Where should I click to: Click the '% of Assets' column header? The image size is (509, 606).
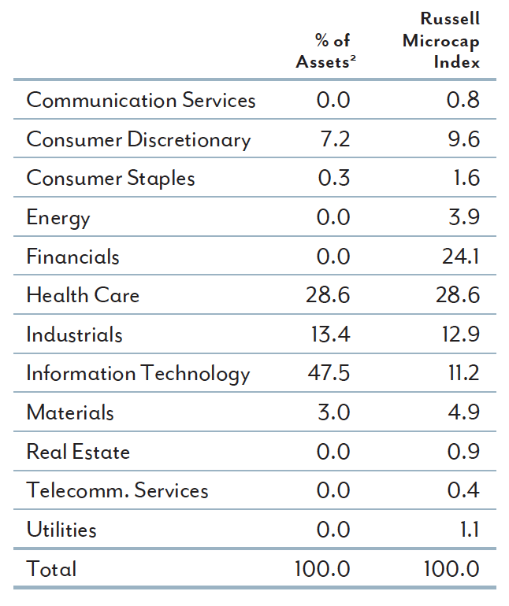(323, 51)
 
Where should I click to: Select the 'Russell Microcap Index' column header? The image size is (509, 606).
(441, 40)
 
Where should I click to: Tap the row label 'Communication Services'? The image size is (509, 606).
(141, 101)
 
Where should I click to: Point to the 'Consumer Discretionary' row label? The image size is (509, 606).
(139, 140)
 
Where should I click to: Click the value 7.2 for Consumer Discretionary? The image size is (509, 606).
(333, 140)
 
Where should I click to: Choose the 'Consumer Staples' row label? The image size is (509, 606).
(110, 179)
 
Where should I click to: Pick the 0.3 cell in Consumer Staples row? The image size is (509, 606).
(333, 179)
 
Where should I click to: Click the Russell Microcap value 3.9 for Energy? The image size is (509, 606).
(463, 218)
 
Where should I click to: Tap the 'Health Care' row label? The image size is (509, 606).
(83, 296)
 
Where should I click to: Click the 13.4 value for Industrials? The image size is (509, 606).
(329, 334)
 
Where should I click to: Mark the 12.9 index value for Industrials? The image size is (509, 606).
(459, 334)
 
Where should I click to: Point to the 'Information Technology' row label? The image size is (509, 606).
(138, 374)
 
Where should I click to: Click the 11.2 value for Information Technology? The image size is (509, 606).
(463, 374)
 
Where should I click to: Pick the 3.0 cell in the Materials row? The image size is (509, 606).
(333, 412)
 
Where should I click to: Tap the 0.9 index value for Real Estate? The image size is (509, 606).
(463, 452)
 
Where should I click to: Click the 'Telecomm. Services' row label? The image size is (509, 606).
(117, 490)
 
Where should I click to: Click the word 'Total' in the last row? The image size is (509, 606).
(51, 569)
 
